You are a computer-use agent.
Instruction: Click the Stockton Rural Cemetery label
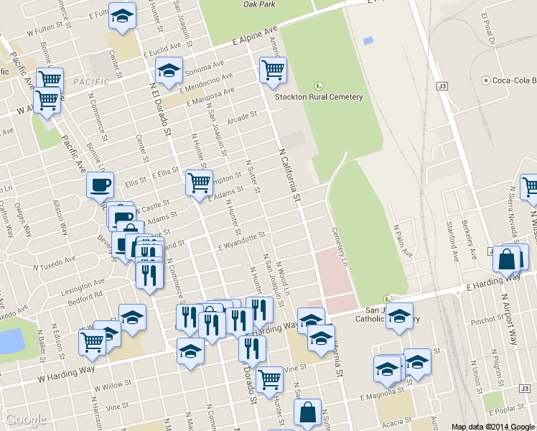pos(319,97)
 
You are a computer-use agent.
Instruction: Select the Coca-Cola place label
pos(510,80)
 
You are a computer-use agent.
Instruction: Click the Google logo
pos(26,420)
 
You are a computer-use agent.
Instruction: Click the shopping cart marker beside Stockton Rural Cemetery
pos(273,70)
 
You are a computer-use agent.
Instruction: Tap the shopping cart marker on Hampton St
pos(199,182)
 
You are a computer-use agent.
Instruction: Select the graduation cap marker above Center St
pos(123,16)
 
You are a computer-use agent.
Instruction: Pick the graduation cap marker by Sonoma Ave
pos(169,71)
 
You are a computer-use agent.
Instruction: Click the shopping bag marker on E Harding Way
pos(507,260)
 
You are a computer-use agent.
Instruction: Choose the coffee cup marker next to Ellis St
pos(101,185)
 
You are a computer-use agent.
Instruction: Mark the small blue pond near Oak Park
pos(368,40)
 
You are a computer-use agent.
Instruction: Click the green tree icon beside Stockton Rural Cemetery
pos(319,86)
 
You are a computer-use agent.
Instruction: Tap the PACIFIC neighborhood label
pos(91,82)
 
